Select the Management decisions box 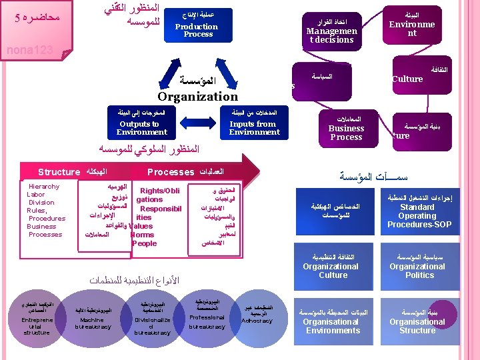tap(331, 31)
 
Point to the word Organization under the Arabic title tap(197, 96)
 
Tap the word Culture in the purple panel tap(407, 79)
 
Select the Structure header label tap(59, 172)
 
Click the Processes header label tap(170, 172)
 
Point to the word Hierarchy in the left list tap(43, 187)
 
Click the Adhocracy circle tap(257, 315)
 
